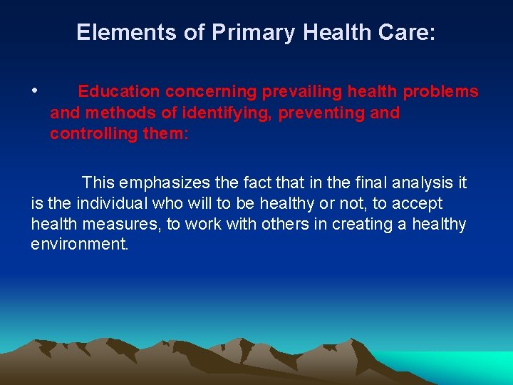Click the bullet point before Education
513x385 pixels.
coord(35,91)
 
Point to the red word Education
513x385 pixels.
coord(119,92)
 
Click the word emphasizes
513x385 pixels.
coord(163,183)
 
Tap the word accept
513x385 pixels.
coord(417,203)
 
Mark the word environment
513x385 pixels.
coord(80,245)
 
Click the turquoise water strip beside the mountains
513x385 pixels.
coord(463,364)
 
